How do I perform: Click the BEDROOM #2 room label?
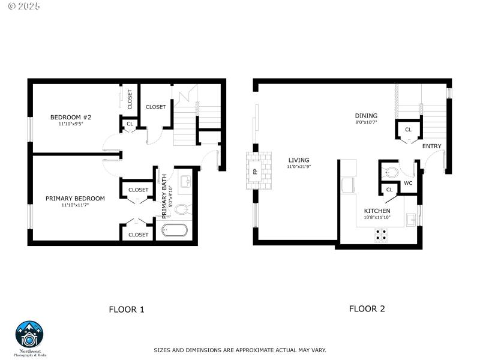pos(70,118)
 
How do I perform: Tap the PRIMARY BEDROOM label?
pos(75,199)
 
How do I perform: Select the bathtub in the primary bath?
pos(175,230)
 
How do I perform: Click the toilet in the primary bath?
pos(182,209)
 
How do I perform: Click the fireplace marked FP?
pos(254,171)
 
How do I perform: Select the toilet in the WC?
pos(391,172)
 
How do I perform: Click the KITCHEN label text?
pos(377,211)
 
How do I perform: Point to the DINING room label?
pos(365,116)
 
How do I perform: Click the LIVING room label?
pos(298,160)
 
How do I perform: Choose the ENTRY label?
pos(431,146)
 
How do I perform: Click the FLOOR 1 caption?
pos(127,310)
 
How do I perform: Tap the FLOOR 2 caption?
pos(367,309)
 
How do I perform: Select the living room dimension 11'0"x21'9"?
pos(298,167)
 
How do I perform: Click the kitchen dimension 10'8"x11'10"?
pos(377,218)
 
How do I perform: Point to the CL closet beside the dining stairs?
pos(408,130)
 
